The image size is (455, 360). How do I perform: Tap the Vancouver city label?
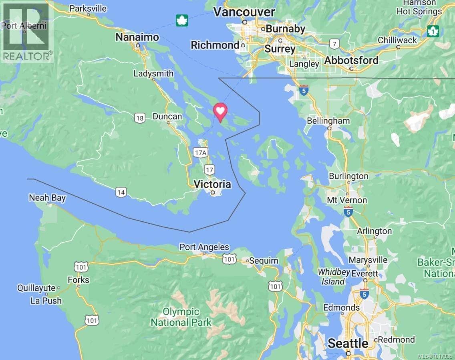click(x=244, y=12)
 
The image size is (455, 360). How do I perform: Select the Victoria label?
click(x=212, y=184)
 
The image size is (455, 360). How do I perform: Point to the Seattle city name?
click(x=348, y=343)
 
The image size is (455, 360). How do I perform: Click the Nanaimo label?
click(x=137, y=37)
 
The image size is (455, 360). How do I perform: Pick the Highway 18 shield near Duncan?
click(x=139, y=117)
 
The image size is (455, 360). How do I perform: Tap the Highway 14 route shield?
click(x=121, y=192)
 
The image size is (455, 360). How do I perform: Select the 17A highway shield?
click(x=200, y=152)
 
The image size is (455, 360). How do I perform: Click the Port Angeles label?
click(x=204, y=247)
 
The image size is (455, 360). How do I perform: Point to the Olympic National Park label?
click(x=181, y=317)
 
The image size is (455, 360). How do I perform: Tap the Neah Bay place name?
click(x=47, y=198)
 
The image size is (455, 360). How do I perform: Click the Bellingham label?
click(x=328, y=121)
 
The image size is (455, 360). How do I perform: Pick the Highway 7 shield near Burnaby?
click(x=334, y=43)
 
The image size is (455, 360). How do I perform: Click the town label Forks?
click(x=79, y=280)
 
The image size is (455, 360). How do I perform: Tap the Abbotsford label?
click(x=351, y=60)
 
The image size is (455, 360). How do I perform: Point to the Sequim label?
click(x=263, y=261)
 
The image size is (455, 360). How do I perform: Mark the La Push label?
click(x=46, y=301)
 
